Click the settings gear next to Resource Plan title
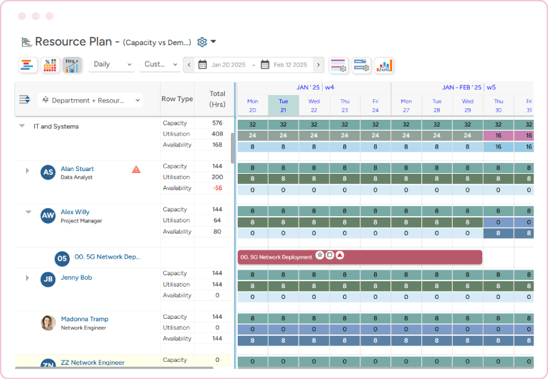(202, 42)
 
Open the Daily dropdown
(111, 64)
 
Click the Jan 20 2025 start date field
(223, 65)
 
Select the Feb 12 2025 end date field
(285, 65)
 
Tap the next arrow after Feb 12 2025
(319, 65)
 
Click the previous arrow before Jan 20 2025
(190, 65)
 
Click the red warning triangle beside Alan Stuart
(136, 169)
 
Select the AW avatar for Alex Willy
(48, 216)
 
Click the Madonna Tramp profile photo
(48, 323)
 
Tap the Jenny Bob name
(76, 278)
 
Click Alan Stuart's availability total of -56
(217, 188)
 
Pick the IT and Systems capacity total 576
(217, 123)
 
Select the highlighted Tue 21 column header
(283, 105)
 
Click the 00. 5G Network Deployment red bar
(360, 257)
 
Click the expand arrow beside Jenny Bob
(28, 278)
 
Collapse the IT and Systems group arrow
(22, 127)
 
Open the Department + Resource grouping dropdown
(90, 100)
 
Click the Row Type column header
(177, 99)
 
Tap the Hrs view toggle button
(72, 65)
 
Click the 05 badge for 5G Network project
(62, 258)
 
